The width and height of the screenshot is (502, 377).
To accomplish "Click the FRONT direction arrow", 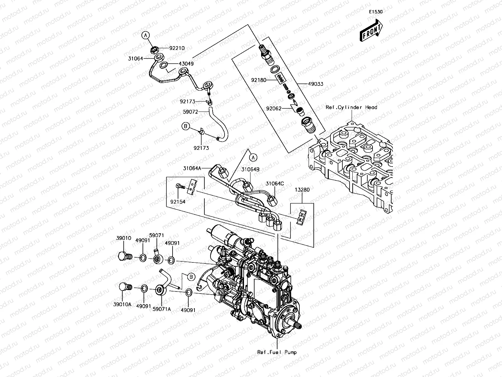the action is coord(371,30).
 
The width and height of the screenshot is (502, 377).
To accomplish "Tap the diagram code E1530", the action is coord(376,12).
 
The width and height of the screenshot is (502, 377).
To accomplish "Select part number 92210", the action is coord(177,48).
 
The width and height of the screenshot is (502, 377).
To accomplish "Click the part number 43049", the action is coord(186,64).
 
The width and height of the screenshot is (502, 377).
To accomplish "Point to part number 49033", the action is coord(316,84).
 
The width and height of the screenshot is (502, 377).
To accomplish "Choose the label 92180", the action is coord(259,80).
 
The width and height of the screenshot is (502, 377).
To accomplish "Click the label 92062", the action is coord(274,108).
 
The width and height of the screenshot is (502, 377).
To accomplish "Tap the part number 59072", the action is coord(190,112).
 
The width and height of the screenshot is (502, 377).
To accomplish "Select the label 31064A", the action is coord(192,168).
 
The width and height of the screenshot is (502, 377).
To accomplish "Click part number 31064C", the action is coord(275,184).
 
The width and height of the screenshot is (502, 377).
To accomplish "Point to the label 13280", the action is coord(302,190).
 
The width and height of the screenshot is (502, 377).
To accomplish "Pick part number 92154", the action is coord(178,201).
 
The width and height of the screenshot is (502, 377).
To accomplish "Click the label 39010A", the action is coord(122,304).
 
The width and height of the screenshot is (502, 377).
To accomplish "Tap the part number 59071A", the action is coord(162,309).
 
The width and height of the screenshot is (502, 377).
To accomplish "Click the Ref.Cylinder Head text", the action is coord(351,107).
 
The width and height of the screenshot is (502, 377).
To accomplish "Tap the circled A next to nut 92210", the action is coord(146,35).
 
